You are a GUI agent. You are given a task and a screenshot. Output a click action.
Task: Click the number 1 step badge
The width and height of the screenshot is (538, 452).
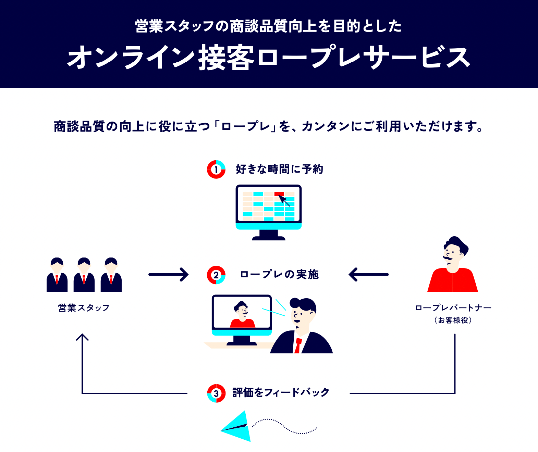pyautogui.click(x=216, y=169)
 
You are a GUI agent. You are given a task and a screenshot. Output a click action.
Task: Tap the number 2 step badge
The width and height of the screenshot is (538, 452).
pyautogui.click(x=216, y=275)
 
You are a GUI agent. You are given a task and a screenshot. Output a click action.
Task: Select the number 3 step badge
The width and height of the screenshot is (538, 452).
pyautogui.click(x=216, y=393)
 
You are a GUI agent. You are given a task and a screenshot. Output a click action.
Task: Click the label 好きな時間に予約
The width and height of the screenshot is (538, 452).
pyautogui.click(x=279, y=169)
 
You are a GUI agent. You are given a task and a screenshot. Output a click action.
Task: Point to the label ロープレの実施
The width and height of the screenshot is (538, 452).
pyautogui.click(x=279, y=274)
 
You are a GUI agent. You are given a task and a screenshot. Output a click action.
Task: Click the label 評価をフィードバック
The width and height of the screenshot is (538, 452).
pyautogui.click(x=281, y=392)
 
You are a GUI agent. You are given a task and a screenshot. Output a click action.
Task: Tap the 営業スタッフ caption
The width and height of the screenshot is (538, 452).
pyautogui.click(x=84, y=308)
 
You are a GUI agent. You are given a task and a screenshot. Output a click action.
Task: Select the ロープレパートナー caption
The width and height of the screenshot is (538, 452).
pyautogui.click(x=453, y=308)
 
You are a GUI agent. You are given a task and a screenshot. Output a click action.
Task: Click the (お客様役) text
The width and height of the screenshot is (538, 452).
pyautogui.click(x=453, y=320)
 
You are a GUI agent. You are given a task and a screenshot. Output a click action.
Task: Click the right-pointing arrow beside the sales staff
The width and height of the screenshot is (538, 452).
pyautogui.click(x=168, y=274)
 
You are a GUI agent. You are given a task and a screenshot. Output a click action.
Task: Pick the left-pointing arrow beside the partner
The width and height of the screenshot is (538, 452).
pyautogui.click(x=368, y=274)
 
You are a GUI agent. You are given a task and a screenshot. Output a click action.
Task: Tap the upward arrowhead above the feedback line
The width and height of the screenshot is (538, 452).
pyautogui.click(x=82, y=337)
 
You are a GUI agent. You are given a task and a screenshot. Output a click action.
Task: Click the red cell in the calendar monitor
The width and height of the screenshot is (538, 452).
pyautogui.click(x=279, y=194)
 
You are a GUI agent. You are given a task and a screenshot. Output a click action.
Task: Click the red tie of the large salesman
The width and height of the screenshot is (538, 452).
pyautogui.click(x=298, y=346)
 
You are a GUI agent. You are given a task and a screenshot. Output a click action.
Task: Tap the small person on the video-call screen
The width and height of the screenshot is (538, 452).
pyautogui.click(x=242, y=315)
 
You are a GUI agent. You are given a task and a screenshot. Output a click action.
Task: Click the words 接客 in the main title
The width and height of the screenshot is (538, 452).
pyautogui.click(x=227, y=58)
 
